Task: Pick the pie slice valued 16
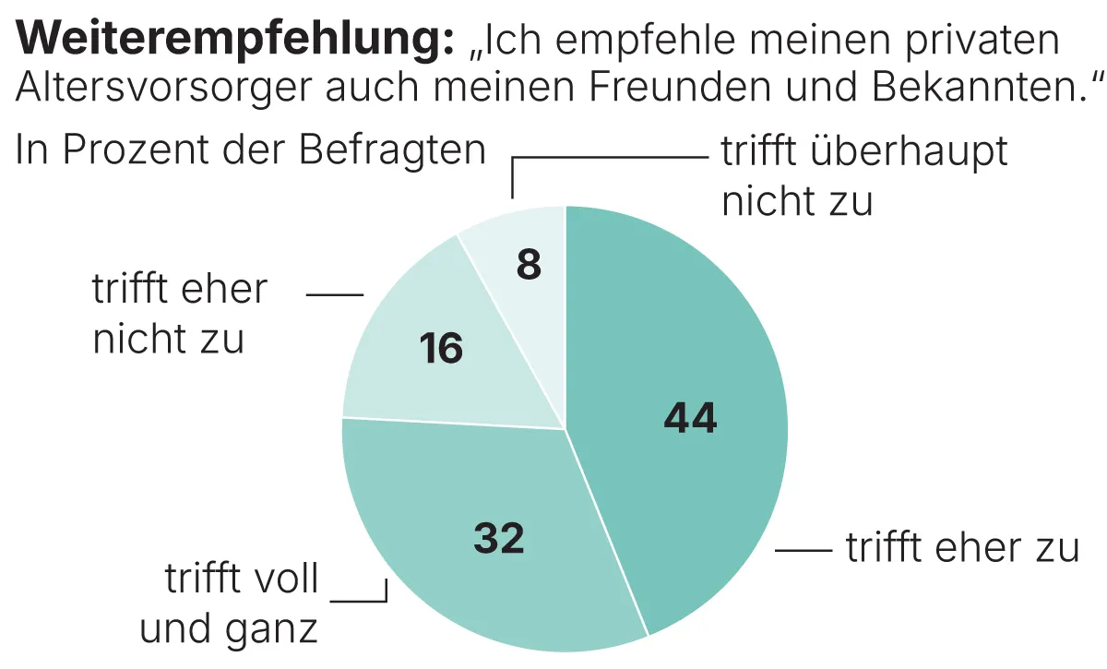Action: (415, 369)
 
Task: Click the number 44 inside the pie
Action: (690, 419)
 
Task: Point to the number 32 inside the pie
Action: (499, 539)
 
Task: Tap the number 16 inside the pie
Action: (441, 350)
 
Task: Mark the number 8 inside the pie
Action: (529, 266)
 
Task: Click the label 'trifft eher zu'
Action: (962, 548)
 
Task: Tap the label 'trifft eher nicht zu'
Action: (178, 315)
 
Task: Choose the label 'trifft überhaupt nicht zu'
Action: (864, 176)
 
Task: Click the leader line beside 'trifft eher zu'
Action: (803, 550)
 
